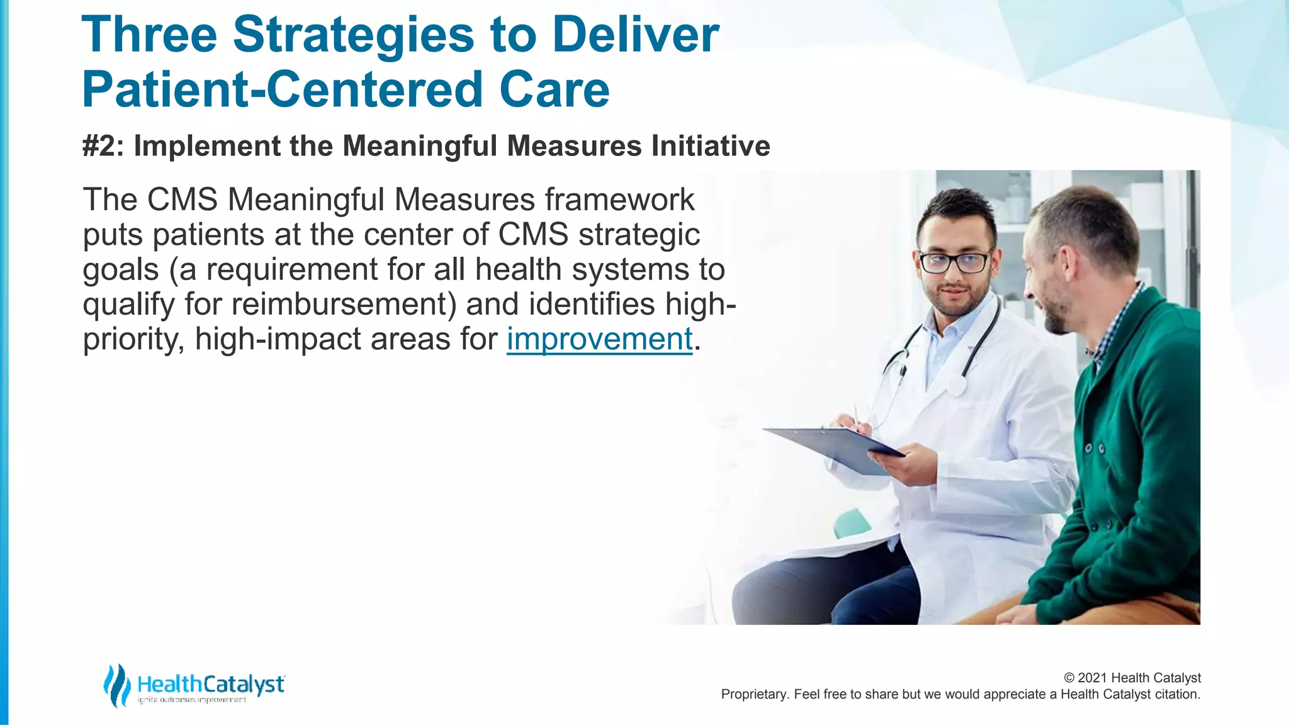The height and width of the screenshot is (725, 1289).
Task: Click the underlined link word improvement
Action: (599, 339)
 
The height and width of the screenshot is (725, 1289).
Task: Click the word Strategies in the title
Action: (353, 35)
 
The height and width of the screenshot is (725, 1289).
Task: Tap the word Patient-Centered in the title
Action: (283, 89)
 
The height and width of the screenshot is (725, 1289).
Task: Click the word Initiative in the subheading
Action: (711, 146)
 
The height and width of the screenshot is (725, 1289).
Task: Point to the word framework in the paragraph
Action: (620, 200)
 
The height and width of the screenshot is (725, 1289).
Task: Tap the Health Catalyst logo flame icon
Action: (116, 685)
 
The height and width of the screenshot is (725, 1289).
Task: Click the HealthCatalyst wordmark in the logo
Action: (211, 683)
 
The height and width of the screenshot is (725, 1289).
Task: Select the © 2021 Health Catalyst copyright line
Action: (1132, 678)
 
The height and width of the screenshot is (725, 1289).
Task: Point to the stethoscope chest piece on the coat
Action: (957, 385)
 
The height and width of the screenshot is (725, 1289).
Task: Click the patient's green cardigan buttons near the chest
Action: (1095, 449)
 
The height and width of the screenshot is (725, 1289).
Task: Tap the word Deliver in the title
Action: (635, 35)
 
